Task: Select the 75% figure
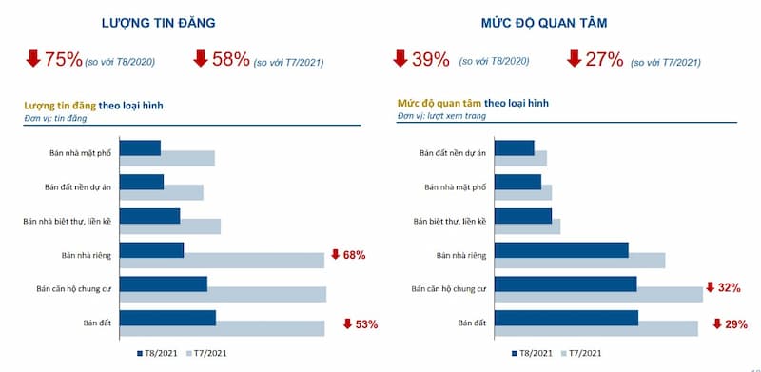(x=63, y=60)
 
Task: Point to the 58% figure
(x=232, y=60)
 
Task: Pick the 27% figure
(x=604, y=60)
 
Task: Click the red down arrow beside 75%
(x=32, y=59)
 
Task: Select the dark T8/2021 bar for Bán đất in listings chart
(x=168, y=318)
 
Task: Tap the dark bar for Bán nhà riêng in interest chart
(x=561, y=249)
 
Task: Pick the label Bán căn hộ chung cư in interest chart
(x=448, y=288)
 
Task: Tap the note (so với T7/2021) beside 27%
(x=666, y=62)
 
